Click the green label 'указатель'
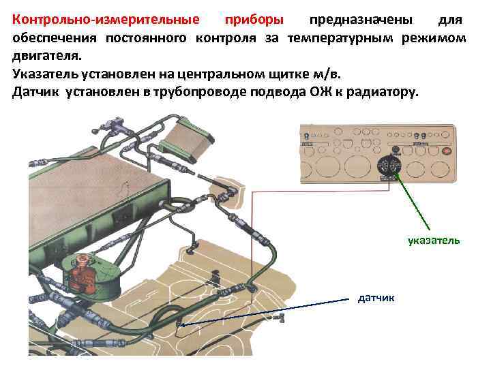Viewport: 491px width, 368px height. [434, 240]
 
